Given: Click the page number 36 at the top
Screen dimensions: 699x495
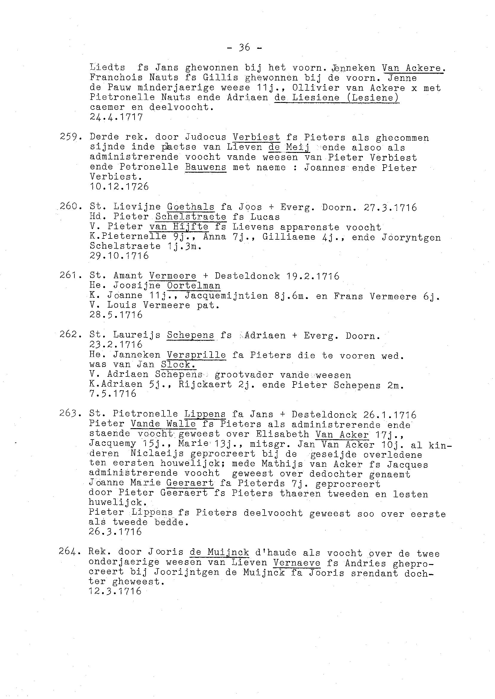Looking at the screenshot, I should pos(245,47).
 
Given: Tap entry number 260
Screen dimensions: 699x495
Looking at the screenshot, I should pos(70,206).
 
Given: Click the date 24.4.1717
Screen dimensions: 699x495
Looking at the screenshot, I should pos(116,117).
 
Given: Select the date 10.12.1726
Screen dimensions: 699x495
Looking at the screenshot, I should pos(119,186).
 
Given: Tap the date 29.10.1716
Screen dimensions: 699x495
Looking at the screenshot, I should pos(119,255).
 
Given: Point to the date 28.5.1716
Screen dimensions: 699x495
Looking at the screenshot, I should pos(116,314).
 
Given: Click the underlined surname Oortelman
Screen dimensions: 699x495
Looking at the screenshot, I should pos(194,285).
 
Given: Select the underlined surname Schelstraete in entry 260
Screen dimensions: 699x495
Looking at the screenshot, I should pos(191,217).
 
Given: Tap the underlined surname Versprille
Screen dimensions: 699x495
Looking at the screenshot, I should pos(196,355).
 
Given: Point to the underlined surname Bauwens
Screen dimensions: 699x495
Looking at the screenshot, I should pos(205,167).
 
